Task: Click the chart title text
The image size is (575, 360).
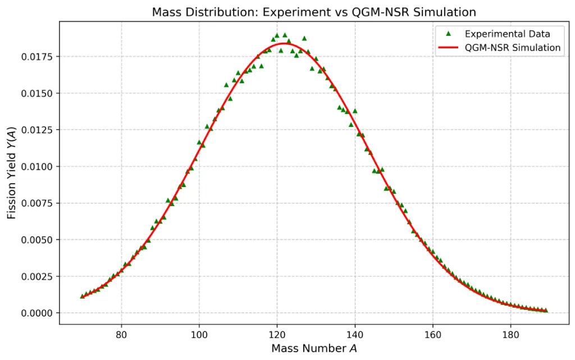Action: click(x=314, y=12)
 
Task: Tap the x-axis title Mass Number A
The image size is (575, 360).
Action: click(x=314, y=348)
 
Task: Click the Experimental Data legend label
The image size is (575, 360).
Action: click(x=507, y=34)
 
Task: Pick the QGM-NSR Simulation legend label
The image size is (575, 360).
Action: click(x=513, y=48)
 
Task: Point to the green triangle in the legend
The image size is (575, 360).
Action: click(x=448, y=34)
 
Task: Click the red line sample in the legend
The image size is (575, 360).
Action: click(x=448, y=48)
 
